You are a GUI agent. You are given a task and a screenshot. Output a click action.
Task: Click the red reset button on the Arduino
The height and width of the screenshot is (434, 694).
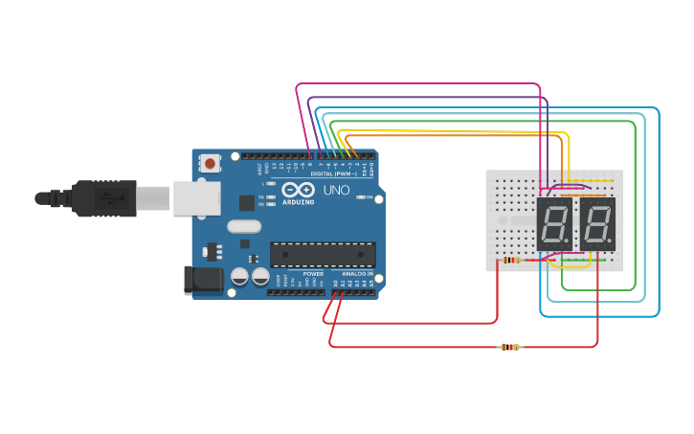[x=210, y=164]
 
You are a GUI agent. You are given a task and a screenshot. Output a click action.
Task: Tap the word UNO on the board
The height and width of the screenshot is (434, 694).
[x=337, y=190]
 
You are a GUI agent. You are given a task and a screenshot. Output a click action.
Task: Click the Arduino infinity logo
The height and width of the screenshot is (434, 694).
[x=299, y=191]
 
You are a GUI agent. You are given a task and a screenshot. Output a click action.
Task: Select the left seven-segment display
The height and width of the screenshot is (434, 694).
[x=554, y=225]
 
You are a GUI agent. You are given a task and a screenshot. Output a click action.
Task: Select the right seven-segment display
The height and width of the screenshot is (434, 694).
[x=598, y=225]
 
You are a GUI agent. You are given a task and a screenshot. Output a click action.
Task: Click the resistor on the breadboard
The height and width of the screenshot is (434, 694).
[x=511, y=260]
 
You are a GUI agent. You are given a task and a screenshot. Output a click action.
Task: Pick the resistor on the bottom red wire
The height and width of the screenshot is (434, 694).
[x=510, y=347]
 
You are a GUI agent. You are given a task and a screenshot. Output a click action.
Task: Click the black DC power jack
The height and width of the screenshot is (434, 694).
[x=202, y=279]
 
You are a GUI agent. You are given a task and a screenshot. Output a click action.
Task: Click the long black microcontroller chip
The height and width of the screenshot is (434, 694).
[x=323, y=254]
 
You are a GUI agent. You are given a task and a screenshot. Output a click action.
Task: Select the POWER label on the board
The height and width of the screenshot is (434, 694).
[x=313, y=273]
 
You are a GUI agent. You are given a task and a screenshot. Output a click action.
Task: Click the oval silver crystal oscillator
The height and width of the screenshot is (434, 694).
[x=243, y=227]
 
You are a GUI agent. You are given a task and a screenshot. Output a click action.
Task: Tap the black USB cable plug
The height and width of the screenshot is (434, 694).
[x=104, y=197]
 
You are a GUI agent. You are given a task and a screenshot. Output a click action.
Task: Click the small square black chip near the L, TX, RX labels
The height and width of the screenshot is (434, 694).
[x=247, y=202]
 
